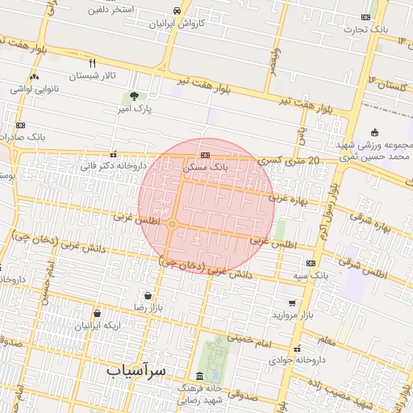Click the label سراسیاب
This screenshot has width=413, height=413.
(136, 369)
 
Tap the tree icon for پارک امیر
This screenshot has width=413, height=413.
(133, 95)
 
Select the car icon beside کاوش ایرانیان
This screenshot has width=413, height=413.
(176, 10)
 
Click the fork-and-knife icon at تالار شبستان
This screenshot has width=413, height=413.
(93, 63)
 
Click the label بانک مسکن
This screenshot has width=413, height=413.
(205, 168)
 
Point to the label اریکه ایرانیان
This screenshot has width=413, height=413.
(97, 326)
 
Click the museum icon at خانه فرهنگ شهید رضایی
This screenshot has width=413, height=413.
(199, 377)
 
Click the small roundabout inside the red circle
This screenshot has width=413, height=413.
(173, 223)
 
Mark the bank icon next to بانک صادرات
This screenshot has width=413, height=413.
(20, 125)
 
